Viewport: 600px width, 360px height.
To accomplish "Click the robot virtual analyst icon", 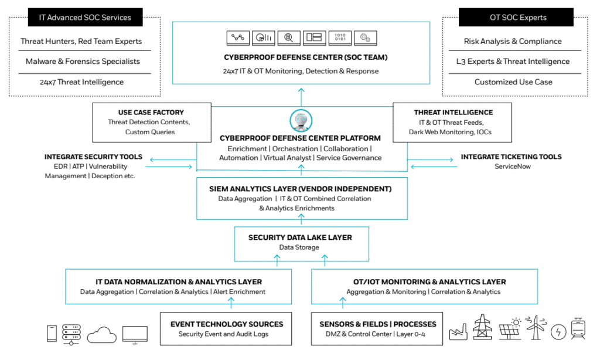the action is (301, 121).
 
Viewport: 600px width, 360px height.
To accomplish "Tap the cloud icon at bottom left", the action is (102, 335).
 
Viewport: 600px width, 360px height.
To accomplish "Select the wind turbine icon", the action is (536, 327).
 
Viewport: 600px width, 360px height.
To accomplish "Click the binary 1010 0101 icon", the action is (340, 38).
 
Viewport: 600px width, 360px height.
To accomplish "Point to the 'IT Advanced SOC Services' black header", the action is (86, 17).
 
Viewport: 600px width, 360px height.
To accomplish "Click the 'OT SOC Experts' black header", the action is (516, 17).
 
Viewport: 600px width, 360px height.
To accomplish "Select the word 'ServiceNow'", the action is (512, 167).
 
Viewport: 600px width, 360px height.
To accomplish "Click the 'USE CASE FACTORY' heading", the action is (151, 112).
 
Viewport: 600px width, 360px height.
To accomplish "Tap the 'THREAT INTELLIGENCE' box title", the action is (453, 112).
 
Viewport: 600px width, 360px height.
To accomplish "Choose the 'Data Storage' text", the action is (299, 247).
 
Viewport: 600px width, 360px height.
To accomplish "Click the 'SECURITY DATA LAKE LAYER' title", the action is (300, 237).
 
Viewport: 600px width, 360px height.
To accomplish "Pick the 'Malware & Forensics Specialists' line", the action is (83, 62).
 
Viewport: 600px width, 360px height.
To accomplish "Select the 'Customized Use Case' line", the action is (513, 82).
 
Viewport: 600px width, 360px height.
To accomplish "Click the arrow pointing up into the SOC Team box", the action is (301, 97).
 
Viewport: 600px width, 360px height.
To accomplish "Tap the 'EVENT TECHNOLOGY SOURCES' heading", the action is (227, 324).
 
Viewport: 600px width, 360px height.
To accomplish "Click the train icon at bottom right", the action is (578, 328).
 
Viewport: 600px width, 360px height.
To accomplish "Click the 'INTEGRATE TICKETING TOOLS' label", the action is (511, 157).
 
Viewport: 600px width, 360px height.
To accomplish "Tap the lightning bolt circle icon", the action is (558, 332).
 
